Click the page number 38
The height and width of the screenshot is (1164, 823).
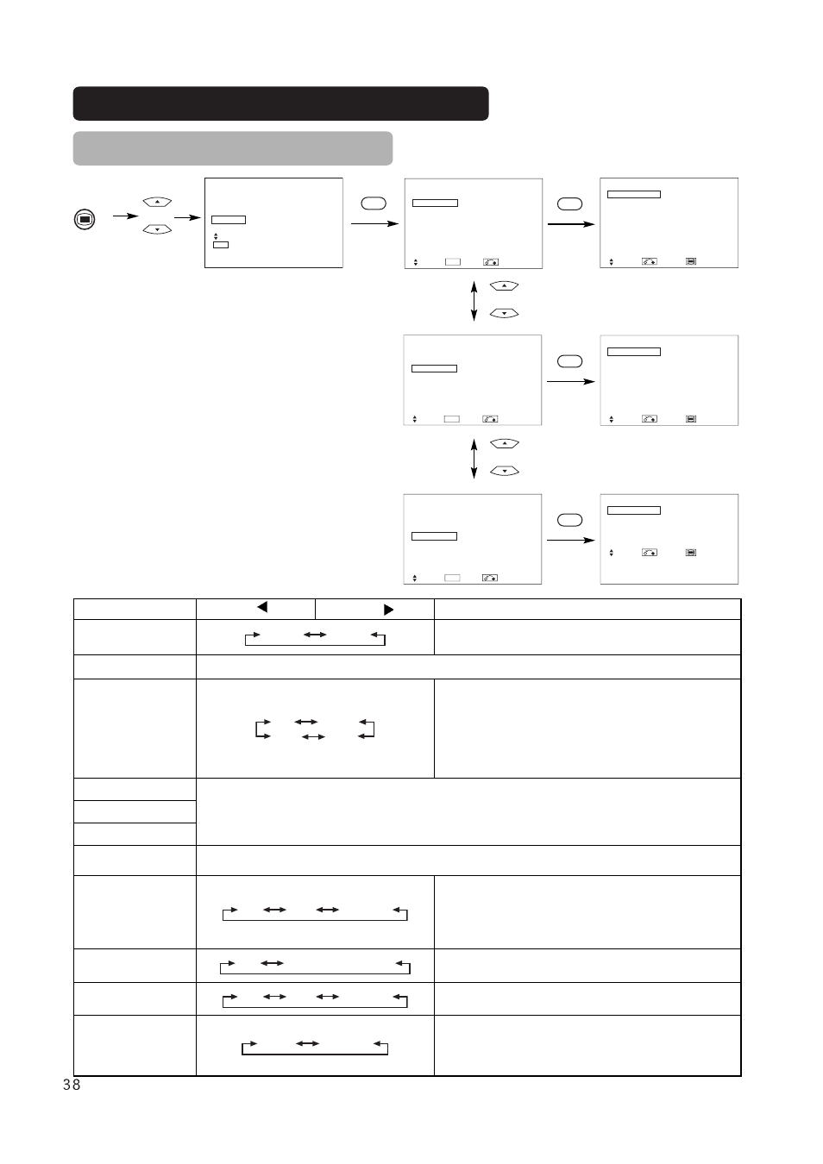[x=72, y=1085]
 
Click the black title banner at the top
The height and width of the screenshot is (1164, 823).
[x=280, y=103]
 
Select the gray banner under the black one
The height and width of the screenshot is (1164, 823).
[x=232, y=148]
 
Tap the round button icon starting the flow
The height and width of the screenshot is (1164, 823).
[x=85, y=219]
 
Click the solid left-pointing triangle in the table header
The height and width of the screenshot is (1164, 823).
[x=262, y=607]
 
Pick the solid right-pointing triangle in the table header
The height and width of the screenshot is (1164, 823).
[x=388, y=610]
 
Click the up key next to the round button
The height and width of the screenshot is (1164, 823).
[x=157, y=202]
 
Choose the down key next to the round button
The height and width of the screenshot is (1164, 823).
[x=157, y=229]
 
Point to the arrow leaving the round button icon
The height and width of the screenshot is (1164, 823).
[x=126, y=216]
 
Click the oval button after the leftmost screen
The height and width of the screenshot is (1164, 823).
[x=374, y=203]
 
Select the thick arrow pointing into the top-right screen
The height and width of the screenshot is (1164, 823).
[x=571, y=224]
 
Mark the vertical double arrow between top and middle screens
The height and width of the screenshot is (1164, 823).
[x=474, y=301]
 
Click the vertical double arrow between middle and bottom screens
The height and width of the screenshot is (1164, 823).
[x=474, y=459]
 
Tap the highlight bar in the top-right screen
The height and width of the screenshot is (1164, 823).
[x=634, y=194]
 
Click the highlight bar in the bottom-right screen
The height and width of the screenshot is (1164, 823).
[x=634, y=510]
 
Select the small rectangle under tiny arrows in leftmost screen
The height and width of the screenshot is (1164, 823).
[x=221, y=245]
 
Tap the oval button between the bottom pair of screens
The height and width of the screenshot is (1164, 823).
[x=570, y=520]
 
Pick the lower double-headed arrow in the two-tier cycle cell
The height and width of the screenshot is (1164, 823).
[x=313, y=737]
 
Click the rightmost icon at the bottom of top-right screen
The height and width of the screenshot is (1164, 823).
[x=691, y=261]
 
